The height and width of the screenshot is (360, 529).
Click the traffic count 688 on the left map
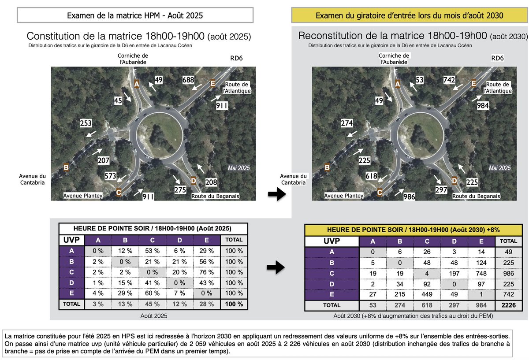[x=188, y=80]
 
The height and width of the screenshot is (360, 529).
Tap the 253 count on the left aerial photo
[x=86, y=123]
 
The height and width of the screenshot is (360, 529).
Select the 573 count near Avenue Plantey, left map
[x=111, y=176]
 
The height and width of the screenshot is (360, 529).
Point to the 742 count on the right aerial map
[x=449, y=80]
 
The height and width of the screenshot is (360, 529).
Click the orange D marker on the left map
[x=194, y=181]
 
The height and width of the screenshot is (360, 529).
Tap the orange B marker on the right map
[x=327, y=167]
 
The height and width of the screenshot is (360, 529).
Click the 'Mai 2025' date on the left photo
[x=239, y=168]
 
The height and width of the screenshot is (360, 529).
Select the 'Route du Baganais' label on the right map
[x=476, y=196]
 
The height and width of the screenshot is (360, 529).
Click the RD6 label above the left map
[x=236, y=58]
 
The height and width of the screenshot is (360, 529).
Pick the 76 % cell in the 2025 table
[x=207, y=272]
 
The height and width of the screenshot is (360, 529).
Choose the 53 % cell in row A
[x=153, y=251]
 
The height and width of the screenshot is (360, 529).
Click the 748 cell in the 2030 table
[x=481, y=273]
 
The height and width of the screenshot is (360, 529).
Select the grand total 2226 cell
[x=508, y=305]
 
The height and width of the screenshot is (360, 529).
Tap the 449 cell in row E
[x=427, y=294]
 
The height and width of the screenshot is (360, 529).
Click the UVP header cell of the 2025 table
[x=71, y=240]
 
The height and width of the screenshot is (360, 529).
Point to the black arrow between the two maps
[x=277, y=194]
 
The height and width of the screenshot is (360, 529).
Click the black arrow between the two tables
[x=276, y=267]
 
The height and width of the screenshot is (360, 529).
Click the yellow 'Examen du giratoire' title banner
[x=409, y=15]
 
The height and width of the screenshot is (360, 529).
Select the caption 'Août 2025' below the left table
[x=154, y=316]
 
